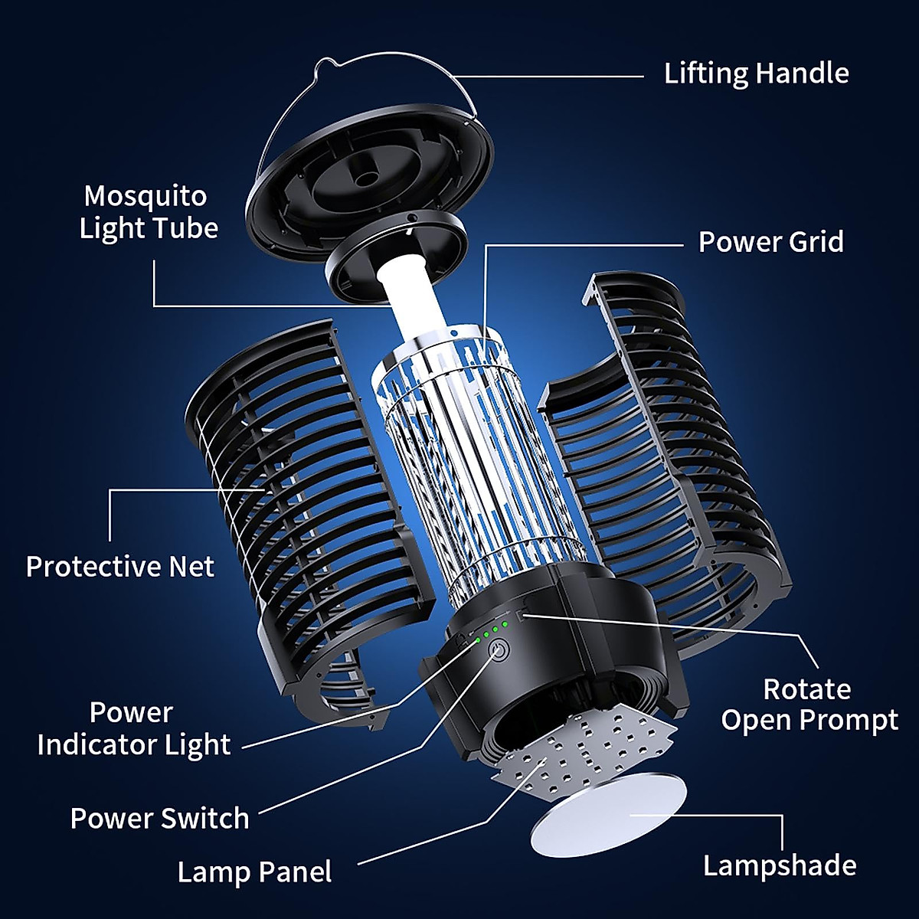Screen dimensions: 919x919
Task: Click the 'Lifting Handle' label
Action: pyautogui.click(x=756, y=74)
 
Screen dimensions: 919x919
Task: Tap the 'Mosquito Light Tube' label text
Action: pyautogui.click(x=148, y=212)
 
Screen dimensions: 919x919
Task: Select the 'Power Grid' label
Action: pyautogui.click(x=770, y=242)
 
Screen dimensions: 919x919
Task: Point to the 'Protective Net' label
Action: pyautogui.click(x=120, y=567)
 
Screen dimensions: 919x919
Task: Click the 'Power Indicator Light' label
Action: pyautogui.click(x=133, y=728)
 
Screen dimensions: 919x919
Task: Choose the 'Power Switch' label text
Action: pyautogui.click(x=159, y=818)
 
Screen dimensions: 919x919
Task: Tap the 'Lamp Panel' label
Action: pyautogui.click(x=254, y=872)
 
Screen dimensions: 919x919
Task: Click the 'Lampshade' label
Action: pyautogui.click(x=780, y=865)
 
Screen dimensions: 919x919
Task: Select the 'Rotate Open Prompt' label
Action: pyautogui.click(x=809, y=705)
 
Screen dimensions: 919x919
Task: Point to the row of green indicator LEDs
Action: pyautogui.click(x=491, y=632)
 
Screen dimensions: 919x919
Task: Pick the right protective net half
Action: pyautogui.click(x=659, y=459)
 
